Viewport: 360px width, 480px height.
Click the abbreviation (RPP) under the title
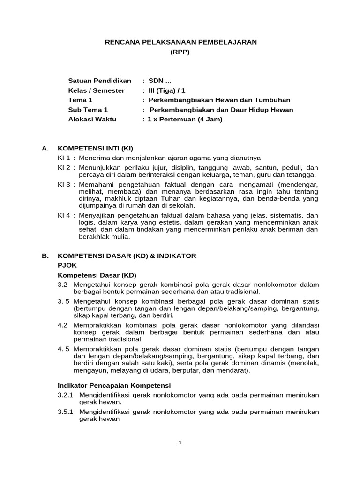click(x=180, y=52)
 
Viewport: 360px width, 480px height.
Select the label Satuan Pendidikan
click(x=99, y=81)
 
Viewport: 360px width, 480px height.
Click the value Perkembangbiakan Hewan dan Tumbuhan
click(x=219, y=100)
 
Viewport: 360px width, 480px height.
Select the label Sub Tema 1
click(x=88, y=110)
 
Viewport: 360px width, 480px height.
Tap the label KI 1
click(x=64, y=158)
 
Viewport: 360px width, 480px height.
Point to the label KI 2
click(x=64, y=167)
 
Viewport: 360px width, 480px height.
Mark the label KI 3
click(x=64, y=185)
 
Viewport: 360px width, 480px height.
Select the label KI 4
click(x=64, y=216)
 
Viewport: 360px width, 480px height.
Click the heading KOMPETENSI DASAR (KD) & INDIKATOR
click(x=127, y=256)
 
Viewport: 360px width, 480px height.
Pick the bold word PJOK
click(x=67, y=265)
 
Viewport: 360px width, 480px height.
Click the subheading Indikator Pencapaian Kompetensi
click(x=114, y=385)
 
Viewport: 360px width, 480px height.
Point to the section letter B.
click(x=45, y=256)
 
